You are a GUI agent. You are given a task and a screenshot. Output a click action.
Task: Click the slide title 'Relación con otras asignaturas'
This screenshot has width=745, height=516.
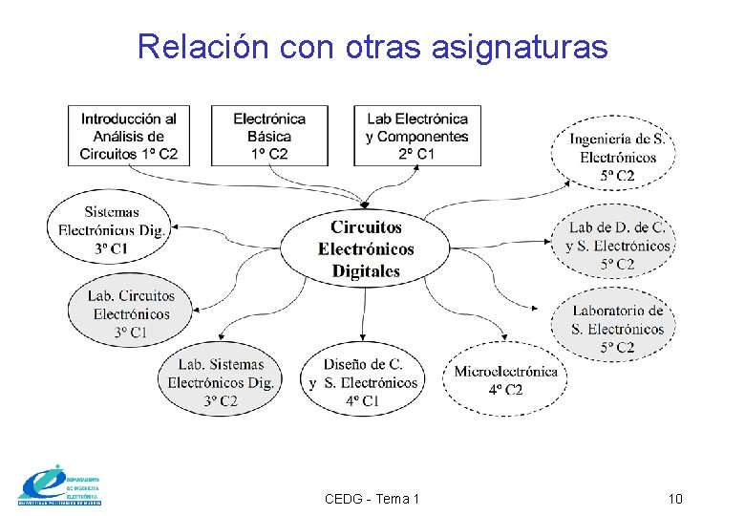(372, 46)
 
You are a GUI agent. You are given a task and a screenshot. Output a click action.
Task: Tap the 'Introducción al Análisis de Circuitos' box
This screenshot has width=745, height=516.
(128, 136)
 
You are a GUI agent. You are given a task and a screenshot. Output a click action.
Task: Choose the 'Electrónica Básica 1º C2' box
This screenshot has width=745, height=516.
(269, 136)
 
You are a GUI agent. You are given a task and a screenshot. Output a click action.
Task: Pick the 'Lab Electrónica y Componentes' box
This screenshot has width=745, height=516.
(416, 136)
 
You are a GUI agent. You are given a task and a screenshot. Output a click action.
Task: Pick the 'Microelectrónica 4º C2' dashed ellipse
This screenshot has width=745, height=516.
(505, 379)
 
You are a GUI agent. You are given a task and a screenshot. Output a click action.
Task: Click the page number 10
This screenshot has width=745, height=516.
(675, 499)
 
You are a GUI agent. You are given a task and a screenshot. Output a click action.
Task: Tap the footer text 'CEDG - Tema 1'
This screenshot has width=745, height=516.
(372, 499)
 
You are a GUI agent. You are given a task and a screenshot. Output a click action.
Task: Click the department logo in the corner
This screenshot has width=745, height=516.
(59, 486)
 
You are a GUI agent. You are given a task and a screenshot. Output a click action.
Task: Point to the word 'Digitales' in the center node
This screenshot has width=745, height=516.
(366, 271)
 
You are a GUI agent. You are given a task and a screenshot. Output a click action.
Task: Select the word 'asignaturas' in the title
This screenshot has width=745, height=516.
(519, 46)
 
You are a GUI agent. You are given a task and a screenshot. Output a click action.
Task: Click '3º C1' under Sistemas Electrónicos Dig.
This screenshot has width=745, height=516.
(111, 249)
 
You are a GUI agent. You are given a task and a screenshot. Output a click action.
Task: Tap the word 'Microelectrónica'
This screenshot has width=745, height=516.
(505, 371)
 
